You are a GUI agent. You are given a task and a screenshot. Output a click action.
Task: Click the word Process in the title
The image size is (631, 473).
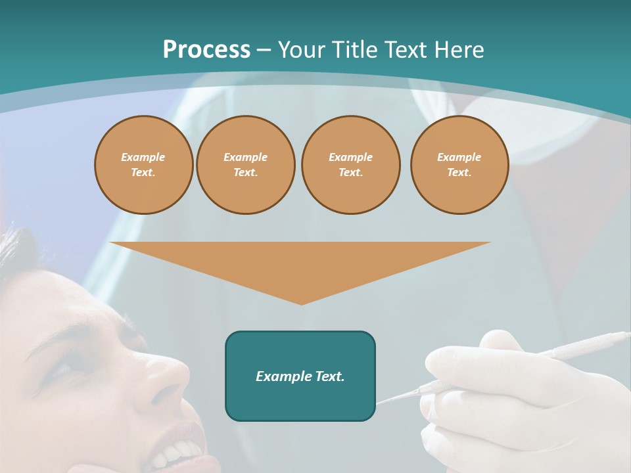206,49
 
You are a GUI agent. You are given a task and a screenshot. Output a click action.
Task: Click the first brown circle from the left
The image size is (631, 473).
143,164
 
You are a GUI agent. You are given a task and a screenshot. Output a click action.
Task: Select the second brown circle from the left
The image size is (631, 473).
245,164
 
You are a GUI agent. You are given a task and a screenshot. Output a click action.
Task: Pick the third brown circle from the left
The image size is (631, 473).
350,164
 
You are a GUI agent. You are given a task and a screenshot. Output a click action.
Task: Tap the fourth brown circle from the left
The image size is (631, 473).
459,164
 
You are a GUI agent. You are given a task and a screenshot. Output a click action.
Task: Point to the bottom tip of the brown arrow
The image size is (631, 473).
301,304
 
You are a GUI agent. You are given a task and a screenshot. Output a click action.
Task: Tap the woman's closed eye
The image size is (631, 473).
62,367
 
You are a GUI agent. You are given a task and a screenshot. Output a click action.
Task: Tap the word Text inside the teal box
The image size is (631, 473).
329,376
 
